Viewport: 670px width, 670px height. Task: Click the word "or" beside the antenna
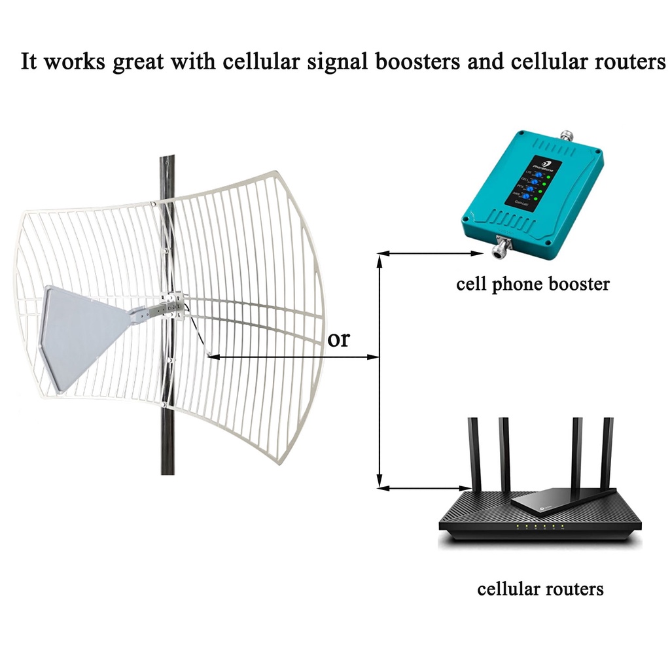pyautogui.click(x=338, y=340)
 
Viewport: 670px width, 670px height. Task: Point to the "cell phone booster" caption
pyautogui.click(x=533, y=285)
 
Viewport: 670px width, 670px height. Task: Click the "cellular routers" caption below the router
pyautogui.click(x=540, y=589)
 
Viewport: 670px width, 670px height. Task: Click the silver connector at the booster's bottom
pyautogui.click(x=502, y=249)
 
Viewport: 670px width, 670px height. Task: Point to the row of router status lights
pyautogui.click(x=536, y=526)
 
